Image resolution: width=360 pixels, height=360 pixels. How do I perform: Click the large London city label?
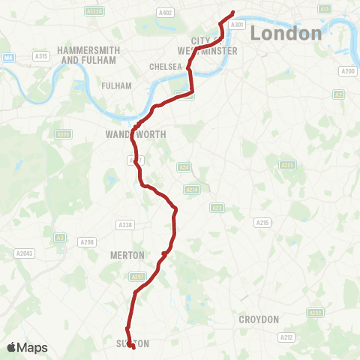[x=286, y=33]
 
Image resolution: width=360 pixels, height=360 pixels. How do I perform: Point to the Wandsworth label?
[x=130, y=135]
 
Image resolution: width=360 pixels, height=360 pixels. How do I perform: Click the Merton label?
[x=127, y=255]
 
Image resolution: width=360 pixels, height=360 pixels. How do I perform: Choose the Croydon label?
[x=259, y=319]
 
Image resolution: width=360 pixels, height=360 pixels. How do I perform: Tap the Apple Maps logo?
[x=27, y=348]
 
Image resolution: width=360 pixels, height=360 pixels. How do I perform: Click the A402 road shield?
[x=166, y=12]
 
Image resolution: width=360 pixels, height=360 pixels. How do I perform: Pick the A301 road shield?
[x=238, y=25]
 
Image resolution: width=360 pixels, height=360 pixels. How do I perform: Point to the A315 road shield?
[x=41, y=56]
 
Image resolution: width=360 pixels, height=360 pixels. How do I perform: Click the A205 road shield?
[x=286, y=165]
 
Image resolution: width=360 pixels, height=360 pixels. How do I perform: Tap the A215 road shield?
[x=262, y=223]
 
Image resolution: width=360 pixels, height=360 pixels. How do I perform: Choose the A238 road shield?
[x=124, y=224]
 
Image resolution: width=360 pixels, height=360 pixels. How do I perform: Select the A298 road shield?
[x=88, y=241]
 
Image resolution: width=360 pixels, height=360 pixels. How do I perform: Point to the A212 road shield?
[x=286, y=337]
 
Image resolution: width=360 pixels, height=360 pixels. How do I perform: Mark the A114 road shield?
[x=192, y=190]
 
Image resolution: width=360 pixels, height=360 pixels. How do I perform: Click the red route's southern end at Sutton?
[x=132, y=346]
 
